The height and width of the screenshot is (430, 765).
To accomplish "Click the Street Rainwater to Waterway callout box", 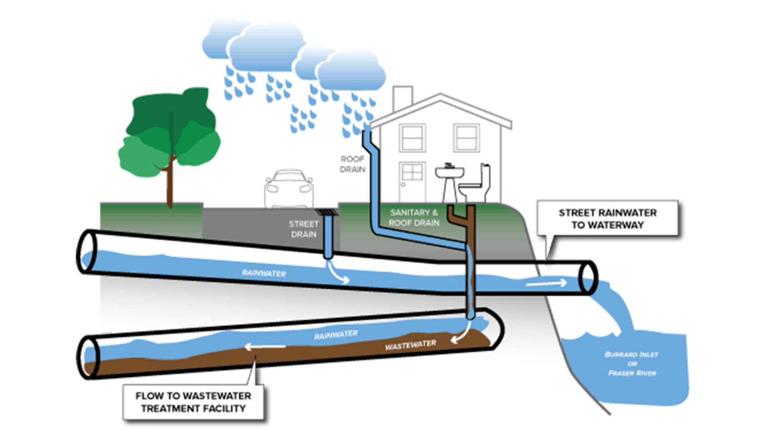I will click(607, 219).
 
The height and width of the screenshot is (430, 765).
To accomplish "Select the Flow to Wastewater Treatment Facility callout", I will click(193, 402).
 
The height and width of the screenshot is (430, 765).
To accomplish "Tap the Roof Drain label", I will click(352, 164).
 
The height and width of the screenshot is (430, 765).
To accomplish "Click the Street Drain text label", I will click(304, 229).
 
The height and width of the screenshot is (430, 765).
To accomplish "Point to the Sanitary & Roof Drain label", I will click(414, 218).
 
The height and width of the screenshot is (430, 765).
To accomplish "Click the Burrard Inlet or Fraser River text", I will click(632, 364).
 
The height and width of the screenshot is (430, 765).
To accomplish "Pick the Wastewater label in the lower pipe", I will click(410, 345).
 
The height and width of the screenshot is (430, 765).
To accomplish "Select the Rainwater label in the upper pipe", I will click(264, 273).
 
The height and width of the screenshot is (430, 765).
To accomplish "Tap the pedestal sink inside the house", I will click(449, 181).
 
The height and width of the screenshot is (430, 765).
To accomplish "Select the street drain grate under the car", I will click(329, 212).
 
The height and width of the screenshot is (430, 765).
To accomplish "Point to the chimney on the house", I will click(402, 98).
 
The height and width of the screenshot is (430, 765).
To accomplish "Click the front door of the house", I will click(412, 182).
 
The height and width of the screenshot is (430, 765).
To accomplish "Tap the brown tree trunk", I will click(171, 183).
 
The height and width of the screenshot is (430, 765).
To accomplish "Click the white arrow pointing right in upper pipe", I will click(546, 283).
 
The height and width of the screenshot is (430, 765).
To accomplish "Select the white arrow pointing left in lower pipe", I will click(265, 347).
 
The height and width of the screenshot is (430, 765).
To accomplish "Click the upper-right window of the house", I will click(466, 138).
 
